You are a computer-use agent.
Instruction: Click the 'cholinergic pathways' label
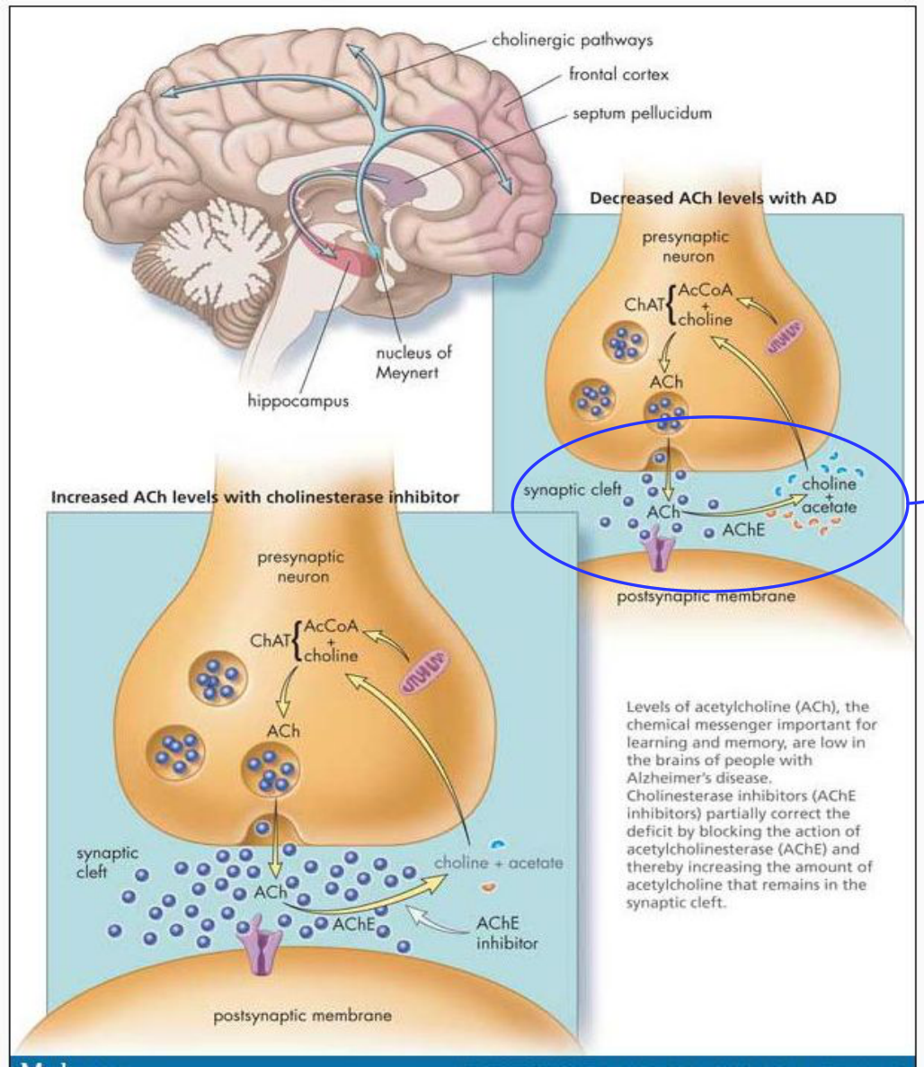click(x=573, y=40)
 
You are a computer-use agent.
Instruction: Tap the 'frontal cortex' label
click(x=618, y=75)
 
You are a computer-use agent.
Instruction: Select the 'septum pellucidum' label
click(x=643, y=113)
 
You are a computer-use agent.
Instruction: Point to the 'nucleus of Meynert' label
click(x=413, y=362)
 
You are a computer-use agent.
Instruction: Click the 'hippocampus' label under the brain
click(x=298, y=402)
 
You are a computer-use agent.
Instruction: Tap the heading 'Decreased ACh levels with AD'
click(x=713, y=198)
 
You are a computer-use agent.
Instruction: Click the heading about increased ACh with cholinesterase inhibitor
click(x=255, y=497)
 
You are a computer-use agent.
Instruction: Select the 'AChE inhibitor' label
click(x=507, y=933)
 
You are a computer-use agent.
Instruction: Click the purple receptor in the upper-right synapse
click(x=657, y=550)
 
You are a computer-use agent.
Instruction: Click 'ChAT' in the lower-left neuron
click(x=271, y=641)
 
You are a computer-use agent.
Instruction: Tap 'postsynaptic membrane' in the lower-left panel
click(x=303, y=1016)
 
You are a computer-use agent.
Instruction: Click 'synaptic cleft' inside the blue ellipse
click(x=573, y=490)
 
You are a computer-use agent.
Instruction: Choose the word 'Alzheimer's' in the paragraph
click(x=667, y=778)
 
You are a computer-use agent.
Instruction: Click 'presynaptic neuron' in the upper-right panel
click(x=686, y=247)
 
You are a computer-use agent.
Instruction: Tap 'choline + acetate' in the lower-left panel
click(x=499, y=863)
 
